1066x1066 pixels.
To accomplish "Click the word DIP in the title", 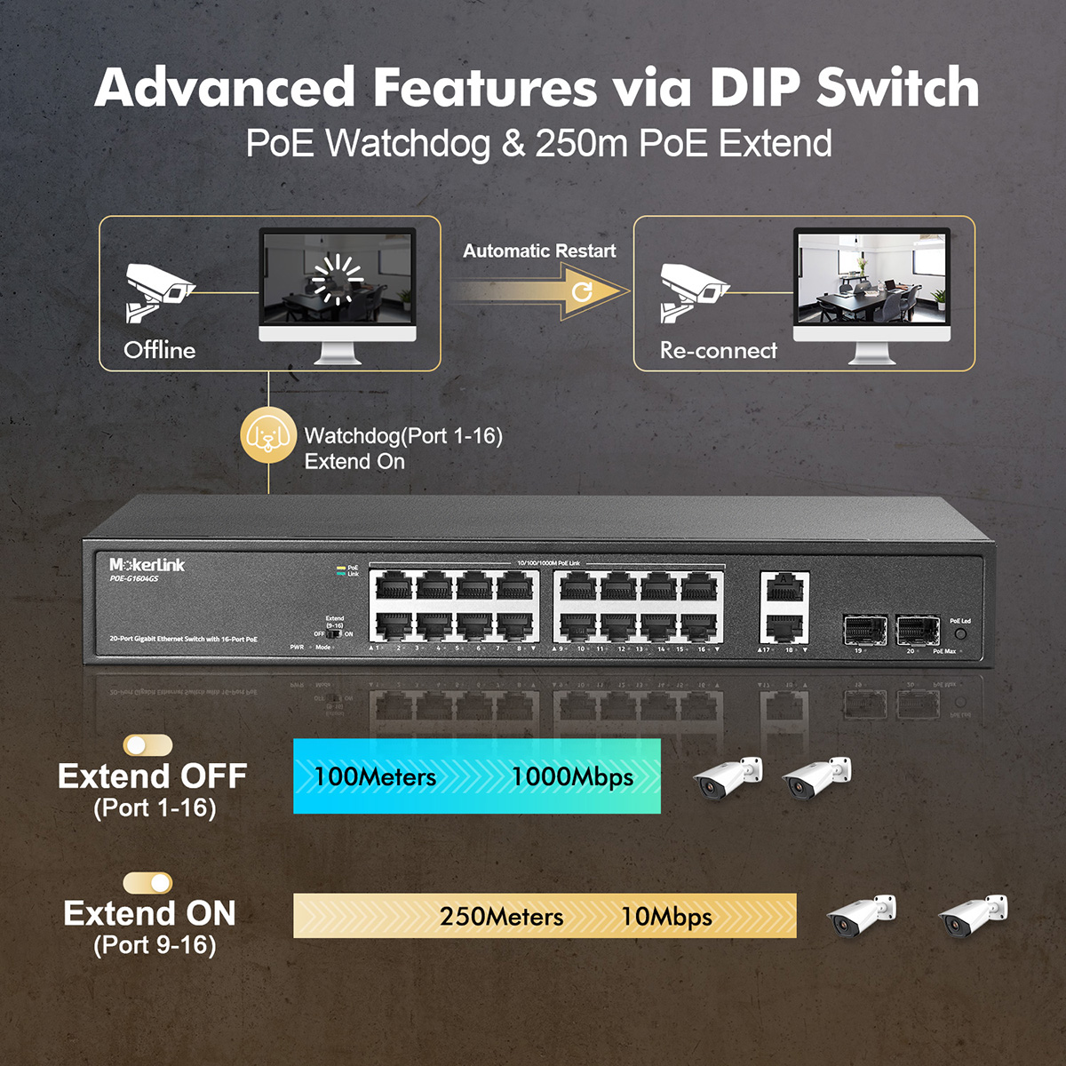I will (x=754, y=87).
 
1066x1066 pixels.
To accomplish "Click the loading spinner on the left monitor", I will (x=338, y=278).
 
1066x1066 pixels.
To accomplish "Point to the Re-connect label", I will (x=718, y=350).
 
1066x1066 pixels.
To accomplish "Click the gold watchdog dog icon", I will (x=268, y=435).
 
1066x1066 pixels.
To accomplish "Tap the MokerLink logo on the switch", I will (x=147, y=565).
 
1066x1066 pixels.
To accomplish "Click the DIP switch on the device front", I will (x=335, y=633).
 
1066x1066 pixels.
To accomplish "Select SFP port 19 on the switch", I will (x=864, y=630).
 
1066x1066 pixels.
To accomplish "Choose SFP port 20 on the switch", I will (x=918, y=630).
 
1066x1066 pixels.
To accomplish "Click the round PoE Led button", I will (x=960, y=634).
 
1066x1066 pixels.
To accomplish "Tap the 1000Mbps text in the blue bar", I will (x=572, y=777).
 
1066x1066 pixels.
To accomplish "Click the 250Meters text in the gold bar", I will (x=501, y=917).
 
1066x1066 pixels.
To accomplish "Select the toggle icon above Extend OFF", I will (x=147, y=744).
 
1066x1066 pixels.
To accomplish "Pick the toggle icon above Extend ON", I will (x=147, y=882).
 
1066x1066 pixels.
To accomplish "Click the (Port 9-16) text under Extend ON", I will (x=155, y=945).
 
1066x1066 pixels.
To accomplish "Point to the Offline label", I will (x=160, y=350).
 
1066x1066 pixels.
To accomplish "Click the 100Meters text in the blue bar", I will (x=375, y=777).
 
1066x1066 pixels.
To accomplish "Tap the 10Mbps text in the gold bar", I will (x=666, y=917).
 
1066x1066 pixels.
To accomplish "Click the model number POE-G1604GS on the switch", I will (x=134, y=579).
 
